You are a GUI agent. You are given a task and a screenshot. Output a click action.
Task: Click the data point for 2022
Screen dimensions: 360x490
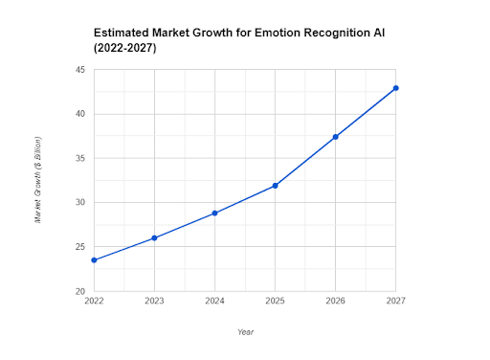94,259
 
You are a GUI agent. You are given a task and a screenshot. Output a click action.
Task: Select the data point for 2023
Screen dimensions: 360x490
154,237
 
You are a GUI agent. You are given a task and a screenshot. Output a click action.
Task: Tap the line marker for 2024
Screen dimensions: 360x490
214,213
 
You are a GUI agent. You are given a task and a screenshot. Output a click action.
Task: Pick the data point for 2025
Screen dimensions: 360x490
276,186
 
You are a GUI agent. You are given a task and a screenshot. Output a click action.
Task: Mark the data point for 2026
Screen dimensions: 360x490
335,137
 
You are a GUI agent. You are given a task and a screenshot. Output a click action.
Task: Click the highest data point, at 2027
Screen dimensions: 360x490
396,88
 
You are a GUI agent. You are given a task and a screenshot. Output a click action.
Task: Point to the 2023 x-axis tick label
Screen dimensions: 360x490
154,302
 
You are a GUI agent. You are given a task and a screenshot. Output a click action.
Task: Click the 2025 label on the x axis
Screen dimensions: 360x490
276,302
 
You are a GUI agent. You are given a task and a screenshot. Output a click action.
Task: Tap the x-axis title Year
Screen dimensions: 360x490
246,331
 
